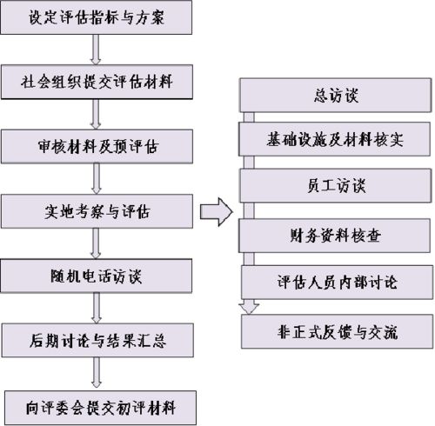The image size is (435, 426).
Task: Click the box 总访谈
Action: (336, 94)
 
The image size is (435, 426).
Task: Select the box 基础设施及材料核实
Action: (336, 139)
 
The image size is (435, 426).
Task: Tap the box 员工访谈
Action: (336, 186)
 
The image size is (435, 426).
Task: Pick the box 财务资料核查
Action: (336, 234)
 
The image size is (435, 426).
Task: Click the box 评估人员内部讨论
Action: (336, 282)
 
